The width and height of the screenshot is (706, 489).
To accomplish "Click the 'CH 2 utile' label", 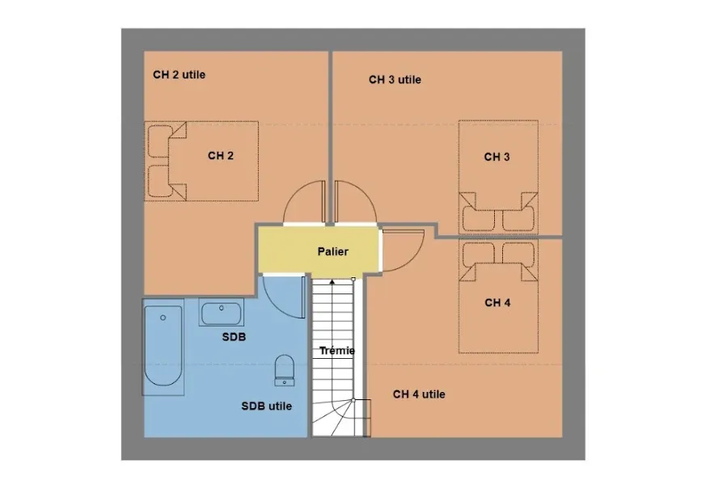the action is (x=180, y=74).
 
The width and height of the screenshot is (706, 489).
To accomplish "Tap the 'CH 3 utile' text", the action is (x=395, y=80).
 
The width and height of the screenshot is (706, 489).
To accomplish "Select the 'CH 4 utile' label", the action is (x=419, y=394).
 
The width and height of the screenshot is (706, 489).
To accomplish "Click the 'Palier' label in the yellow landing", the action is (x=332, y=251).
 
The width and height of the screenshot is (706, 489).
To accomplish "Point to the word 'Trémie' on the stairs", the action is (x=337, y=351).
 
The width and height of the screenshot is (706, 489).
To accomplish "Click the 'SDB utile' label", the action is (x=267, y=407).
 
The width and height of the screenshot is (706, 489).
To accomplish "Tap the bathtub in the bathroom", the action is (x=163, y=347).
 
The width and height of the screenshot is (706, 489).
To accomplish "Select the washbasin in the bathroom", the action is (x=221, y=313).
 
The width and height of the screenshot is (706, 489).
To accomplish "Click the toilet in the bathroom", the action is (x=284, y=370).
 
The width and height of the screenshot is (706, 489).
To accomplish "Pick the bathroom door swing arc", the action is (x=275, y=304).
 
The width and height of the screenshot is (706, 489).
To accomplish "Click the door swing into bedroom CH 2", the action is (x=293, y=193).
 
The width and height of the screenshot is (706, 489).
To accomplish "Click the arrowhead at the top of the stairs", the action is (x=332, y=282).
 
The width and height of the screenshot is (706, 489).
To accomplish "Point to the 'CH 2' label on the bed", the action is (x=221, y=156).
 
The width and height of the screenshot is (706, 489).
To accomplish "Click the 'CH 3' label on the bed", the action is (x=497, y=157).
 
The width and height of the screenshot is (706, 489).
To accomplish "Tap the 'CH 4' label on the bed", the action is (x=497, y=303).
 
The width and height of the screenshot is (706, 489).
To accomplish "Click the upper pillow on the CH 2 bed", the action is (x=160, y=141).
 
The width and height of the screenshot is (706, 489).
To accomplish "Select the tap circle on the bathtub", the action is (x=163, y=318).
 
